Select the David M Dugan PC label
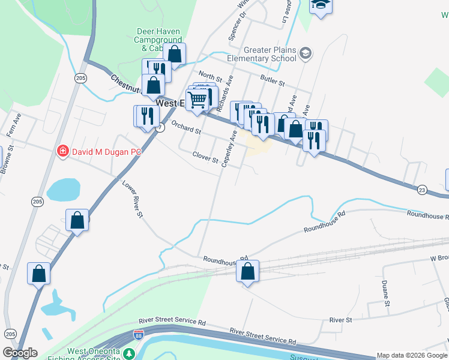106,152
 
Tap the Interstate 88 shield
139,334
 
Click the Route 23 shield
422,190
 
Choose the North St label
210,77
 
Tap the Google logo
20,353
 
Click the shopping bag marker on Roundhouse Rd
247,272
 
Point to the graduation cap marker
321,5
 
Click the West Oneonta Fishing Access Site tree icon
129,354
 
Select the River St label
340,320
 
